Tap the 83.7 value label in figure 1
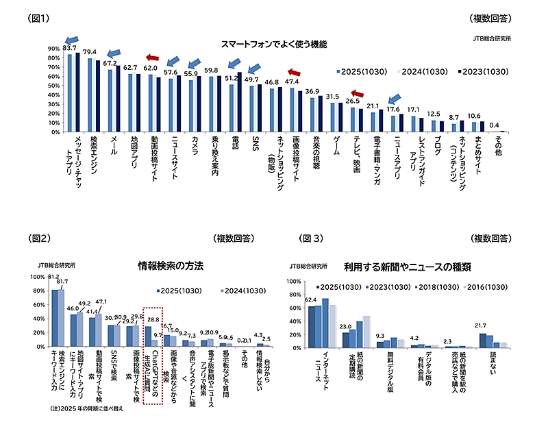tap(69, 48)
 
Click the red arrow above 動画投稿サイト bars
tap(152, 58)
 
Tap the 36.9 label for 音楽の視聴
tap(312, 91)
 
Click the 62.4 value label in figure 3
tap(311, 300)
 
